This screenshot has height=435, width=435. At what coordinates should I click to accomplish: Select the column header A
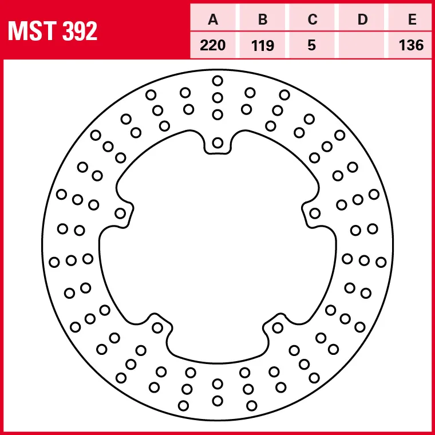[x=213, y=20]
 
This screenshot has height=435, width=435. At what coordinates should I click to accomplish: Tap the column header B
[x=263, y=20]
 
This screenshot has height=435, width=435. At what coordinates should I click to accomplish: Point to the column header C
[x=312, y=20]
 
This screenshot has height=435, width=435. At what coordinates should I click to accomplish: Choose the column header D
[x=362, y=20]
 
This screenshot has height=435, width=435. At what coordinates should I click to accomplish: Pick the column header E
[x=412, y=20]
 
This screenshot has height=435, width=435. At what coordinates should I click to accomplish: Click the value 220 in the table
[x=213, y=45]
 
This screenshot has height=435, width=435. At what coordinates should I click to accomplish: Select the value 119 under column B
[x=263, y=45]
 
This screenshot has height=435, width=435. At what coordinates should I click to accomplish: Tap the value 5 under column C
[x=312, y=45]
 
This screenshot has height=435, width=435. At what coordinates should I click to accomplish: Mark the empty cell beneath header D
[x=362, y=45]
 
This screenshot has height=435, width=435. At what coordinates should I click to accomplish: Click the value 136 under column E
[x=412, y=45]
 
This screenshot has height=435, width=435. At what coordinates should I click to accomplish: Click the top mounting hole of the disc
[x=217, y=143]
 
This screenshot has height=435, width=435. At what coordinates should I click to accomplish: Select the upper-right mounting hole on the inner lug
[x=314, y=213]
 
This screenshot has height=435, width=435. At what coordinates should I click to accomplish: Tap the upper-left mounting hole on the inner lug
[x=120, y=213]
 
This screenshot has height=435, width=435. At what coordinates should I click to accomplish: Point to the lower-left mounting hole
[x=157, y=327]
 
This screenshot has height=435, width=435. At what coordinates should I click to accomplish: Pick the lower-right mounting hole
[x=278, y=327]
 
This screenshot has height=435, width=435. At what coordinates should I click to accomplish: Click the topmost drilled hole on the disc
[x=217, y=80]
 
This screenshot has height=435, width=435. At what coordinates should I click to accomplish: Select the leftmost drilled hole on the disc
[x=54, y=262]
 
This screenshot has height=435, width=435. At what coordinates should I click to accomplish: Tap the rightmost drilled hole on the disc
[x=381, y=262]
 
